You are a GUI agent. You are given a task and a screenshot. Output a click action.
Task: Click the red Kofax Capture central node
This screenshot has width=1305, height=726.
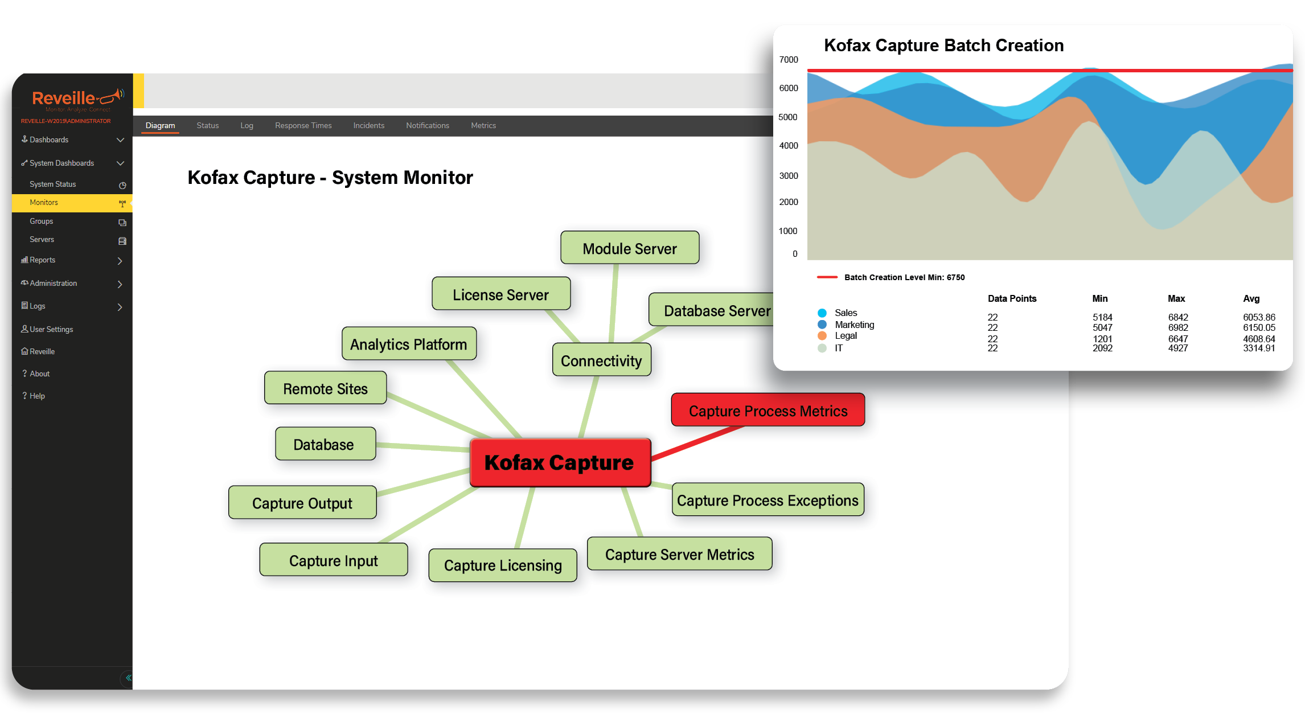point(560,462)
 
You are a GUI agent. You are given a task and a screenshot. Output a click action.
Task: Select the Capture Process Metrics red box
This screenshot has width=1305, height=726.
point(768,410)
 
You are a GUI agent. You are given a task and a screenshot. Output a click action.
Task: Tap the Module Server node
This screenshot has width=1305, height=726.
point(630,248)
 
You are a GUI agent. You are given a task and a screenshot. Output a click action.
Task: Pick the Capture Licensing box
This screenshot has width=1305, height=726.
point(503,565)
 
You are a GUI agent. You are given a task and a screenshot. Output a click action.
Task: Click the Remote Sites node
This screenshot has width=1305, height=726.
point(325,388)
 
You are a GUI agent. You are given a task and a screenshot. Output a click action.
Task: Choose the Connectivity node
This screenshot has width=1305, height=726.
point(601,360)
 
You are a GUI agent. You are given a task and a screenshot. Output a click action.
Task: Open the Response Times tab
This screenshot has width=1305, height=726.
point(303,125)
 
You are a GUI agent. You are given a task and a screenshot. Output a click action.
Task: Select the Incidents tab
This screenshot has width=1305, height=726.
point(368,125)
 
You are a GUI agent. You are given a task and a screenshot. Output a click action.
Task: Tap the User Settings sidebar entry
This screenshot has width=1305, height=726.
point(51,329)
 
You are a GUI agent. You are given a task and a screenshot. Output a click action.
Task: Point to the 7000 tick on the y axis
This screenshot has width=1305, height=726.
point(789,59)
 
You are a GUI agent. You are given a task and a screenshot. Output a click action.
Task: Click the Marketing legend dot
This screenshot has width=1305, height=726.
point(822,325)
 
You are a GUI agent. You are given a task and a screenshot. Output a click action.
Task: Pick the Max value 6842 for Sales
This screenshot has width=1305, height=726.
point(1178,317)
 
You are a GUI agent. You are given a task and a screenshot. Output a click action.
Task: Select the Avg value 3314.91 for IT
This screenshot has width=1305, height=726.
point(1259,348)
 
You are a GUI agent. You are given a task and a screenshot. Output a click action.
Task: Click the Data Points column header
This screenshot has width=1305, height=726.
point(1012,298)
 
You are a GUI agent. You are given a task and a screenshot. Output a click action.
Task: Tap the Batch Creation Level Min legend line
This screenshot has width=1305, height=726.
point(827,277)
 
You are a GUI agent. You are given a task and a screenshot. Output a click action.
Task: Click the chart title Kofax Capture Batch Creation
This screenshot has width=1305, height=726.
point(943,45)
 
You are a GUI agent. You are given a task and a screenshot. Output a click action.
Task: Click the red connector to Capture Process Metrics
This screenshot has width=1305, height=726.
point(697,442)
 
